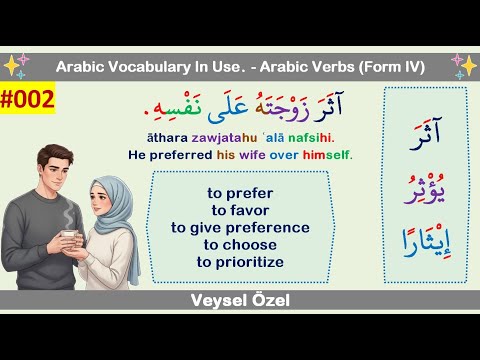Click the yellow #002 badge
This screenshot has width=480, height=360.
click(27, 101)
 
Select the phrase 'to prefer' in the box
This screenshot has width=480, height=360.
click(240, 192)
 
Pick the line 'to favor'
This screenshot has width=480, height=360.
click(240, 209)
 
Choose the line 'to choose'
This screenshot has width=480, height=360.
click(240, 244)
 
